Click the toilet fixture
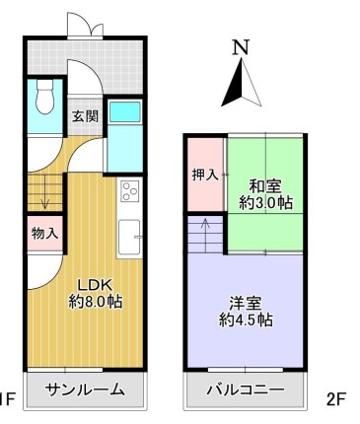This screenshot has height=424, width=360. point(45,97)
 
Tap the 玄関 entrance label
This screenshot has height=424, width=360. point(85,116)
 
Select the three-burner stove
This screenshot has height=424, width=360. point(130,191)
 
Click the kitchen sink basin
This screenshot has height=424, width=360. point(129,237)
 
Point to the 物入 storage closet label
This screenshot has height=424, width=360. point(45,234)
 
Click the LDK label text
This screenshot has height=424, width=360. point(96,285)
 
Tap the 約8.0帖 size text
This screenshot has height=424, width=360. point(96,301)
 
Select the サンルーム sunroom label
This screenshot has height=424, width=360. point(85,389)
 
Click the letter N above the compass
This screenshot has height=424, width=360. point(241,46)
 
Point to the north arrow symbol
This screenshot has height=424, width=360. point(242,82)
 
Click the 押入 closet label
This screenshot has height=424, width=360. point(205,175)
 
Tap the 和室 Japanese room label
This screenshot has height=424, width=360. point(265,186)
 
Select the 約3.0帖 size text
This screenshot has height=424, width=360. point(265,202)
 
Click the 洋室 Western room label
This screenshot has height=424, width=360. point(246,304)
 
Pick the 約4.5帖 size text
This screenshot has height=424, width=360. point(246,319)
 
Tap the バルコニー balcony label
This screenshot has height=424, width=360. point(246,390)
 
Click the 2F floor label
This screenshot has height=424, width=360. point(336,400)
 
